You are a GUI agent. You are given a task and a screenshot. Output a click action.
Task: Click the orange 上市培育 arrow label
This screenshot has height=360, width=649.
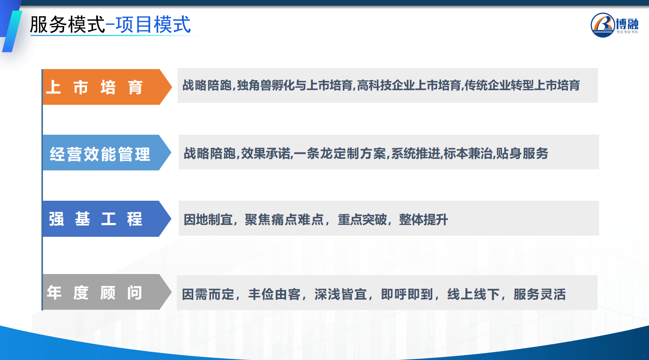[107, 87]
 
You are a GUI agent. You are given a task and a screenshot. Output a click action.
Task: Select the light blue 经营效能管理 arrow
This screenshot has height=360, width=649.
[107, 152]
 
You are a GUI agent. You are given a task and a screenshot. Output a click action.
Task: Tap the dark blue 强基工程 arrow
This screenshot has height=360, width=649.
[107, 219]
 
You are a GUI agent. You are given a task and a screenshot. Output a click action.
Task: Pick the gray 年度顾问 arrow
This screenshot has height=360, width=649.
[107, 292]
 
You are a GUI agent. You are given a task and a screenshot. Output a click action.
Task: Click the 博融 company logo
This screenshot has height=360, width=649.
[614, 25]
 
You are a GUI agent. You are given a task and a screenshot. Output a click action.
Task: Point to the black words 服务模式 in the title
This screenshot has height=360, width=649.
[67, 25]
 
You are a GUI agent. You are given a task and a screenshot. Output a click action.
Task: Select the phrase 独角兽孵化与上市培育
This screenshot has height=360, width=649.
[295, 86]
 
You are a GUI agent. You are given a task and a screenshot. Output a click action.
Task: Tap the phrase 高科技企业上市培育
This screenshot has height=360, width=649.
[409, 86]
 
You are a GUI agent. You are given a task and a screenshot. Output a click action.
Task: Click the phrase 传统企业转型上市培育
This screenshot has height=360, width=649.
[522, 86]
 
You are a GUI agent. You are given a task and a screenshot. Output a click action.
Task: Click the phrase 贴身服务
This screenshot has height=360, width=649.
[522, 154]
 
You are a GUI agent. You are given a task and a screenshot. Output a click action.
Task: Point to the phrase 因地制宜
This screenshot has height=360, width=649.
[208, 220]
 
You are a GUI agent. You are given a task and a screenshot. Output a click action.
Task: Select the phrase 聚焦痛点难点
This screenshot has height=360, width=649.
[284, 220]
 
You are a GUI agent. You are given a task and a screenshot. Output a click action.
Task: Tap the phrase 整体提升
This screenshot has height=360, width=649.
[423, 220]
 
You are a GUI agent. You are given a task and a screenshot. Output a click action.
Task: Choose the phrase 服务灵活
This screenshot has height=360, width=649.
[540, 294]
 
